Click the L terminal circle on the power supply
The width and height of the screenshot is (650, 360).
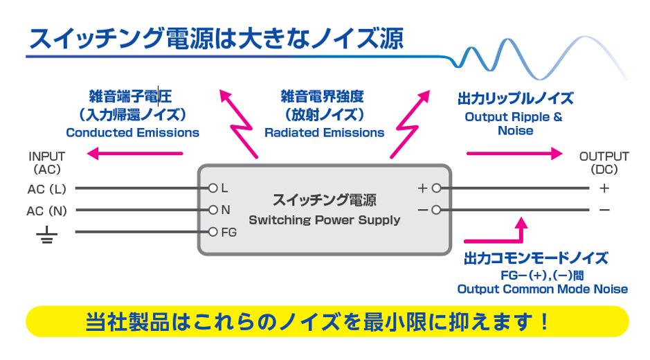pyautogui.click(x=213, y=188)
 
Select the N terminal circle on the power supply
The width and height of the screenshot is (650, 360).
pyautogui.click(x=213, y=210)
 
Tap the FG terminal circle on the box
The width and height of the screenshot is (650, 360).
pyautogui.click(x=213, y=232)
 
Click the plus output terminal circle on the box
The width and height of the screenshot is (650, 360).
pyautogui.click(x=436, y=188)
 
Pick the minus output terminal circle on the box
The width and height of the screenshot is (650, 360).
pyautogui.click(x=436, y=210)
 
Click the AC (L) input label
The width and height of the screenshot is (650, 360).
pyautogui.click(x=46, y=188)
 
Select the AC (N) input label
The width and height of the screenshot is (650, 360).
pyautogui.click(x=47, y=210)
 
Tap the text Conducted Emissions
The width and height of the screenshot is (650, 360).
pyautogui.click(x=132, y=132)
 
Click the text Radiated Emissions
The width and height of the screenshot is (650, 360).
pyautogui.click(x=324, y=132)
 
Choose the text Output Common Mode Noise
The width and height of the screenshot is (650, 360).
pyautogui.click(x=543, y=289)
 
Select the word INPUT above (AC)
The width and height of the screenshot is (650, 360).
pyautogui.click(x=47, y=156)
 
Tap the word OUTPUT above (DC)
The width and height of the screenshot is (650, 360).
pyautogui.click(x=604, y=156)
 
